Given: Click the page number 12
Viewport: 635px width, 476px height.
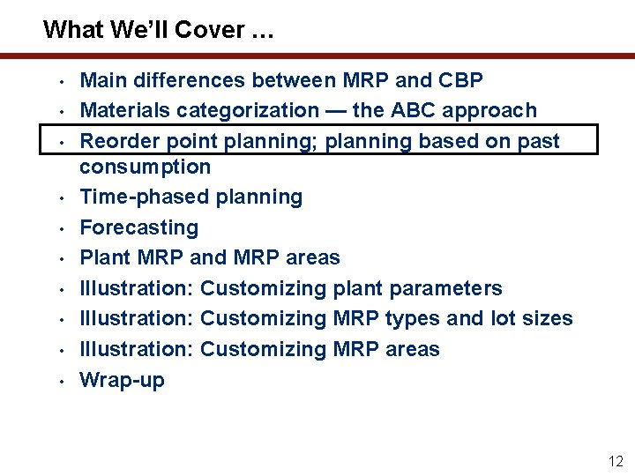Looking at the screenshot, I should [x=616, y=461].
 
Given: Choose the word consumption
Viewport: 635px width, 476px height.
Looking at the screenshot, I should [x=146, y=167].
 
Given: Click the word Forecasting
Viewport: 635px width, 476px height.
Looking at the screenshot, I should [x=139, y=227].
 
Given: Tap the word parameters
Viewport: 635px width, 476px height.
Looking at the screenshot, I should [x=450, y=288].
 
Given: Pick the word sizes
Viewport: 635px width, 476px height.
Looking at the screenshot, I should [x=544, y=318].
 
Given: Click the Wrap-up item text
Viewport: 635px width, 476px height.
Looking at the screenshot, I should [x=122, y=380].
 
